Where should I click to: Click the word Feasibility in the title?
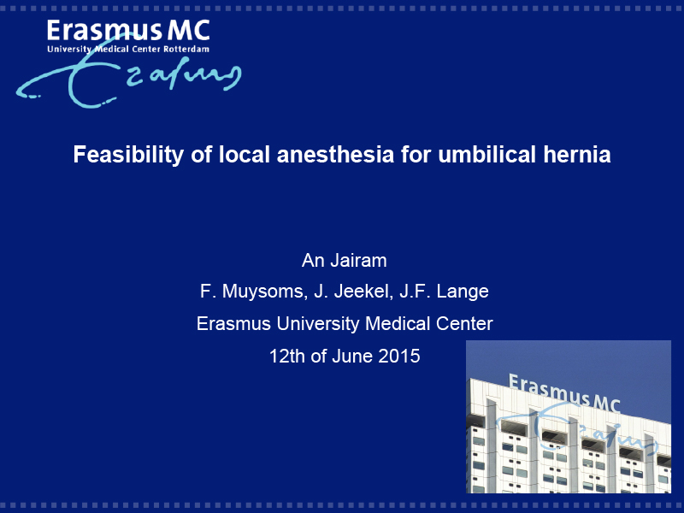[x=129, y=155]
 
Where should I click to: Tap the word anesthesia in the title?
[x=335, y=155]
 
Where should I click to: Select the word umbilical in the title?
[x=486, y=155]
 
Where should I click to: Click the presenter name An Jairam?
[x=345, y=261]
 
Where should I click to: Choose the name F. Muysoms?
[x=252, y=292]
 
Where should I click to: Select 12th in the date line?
[x=286, y=356]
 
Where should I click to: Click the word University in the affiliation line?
[x=317, y=324]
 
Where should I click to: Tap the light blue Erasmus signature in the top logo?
[x=129, y=80]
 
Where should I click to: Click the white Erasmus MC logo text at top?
[x=128, y=31]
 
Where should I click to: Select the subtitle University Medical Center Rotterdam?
[x=128, y=50]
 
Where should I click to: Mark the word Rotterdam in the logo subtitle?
[x=186, y=49]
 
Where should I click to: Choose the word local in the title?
[x=245, y=155]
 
